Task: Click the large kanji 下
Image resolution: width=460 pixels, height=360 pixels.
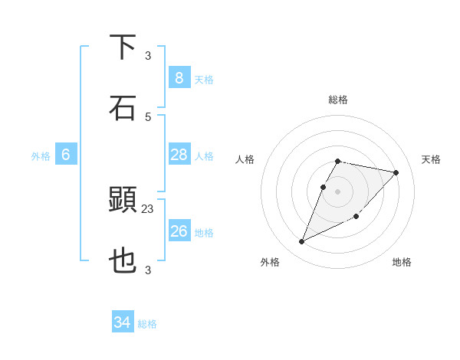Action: (123, 47)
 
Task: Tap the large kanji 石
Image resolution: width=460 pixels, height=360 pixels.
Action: (123, 108)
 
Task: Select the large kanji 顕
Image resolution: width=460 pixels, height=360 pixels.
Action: (123, 200)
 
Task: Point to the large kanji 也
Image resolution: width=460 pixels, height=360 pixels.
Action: (123, 261)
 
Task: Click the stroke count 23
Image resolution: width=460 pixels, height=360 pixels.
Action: (148, 208)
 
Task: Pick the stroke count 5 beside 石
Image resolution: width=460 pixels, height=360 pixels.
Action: (148, 116)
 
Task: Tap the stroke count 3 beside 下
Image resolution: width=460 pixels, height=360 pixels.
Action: (148, 55)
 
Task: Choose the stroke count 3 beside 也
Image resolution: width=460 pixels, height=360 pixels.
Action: (148, 270)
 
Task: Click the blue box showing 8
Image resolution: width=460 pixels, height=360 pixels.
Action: (179, 77)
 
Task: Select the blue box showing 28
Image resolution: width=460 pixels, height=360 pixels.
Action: (179, 155)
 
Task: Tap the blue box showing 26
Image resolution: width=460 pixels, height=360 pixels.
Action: (179, 231)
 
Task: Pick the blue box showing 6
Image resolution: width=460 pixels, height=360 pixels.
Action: (65, 155)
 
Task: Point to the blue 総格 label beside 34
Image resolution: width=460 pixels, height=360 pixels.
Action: (147, 324)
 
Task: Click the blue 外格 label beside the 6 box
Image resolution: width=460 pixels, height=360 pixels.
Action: (41, 156)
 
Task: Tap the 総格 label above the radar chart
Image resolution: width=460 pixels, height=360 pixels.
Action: (338, 100)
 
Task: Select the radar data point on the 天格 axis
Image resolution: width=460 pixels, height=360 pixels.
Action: (396, 172)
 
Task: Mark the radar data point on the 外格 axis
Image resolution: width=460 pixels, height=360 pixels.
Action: (302, 242)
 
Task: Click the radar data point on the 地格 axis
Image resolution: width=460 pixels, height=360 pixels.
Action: (356, 216)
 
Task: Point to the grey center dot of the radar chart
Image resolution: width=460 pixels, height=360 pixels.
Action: (338, 191)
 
